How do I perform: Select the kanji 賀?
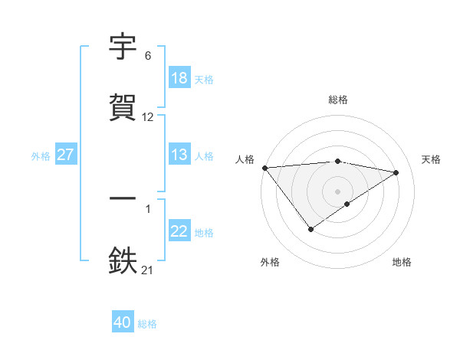[123, 108]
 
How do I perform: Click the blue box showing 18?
[179, 78]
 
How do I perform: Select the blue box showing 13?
[179, 155]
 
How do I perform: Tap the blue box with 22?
[179, 231]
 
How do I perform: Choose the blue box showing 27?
[65, 155]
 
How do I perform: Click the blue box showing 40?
[123, 323]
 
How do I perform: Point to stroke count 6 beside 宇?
[148, 56]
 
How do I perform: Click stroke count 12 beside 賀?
[148, 117]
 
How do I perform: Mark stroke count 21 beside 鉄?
[148, 270]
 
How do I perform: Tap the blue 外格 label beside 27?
[41, 155]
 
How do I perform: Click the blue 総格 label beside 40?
[147, 324]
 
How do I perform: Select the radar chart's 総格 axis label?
[338, 100]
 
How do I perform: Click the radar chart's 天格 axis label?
[432, 159]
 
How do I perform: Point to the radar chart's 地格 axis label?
[402, 262]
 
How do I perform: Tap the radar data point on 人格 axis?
[264, 168]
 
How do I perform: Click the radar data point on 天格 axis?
[396, 172]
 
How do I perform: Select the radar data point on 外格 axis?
[310, 229]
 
